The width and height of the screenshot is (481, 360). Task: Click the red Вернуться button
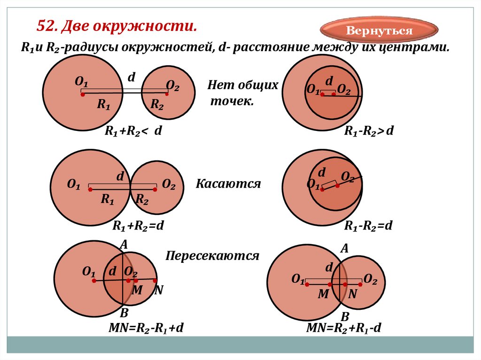point(379,31)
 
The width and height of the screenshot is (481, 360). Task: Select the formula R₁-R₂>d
point(368,131)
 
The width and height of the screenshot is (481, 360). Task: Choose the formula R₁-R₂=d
point(368,226)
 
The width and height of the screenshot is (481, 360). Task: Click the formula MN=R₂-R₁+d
point(146,328)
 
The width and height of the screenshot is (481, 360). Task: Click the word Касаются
point(228,184)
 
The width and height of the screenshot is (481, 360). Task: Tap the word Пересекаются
point(212,256)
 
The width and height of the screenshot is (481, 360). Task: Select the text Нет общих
point(243,85)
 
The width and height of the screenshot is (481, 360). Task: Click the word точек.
point(232,101)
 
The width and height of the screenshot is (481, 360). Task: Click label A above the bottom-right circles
point(344,249)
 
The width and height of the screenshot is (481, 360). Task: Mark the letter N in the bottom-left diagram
point(158,291)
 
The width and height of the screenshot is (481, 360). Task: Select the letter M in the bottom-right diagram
point(323,294)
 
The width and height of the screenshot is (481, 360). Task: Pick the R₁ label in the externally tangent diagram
point(108,200)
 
